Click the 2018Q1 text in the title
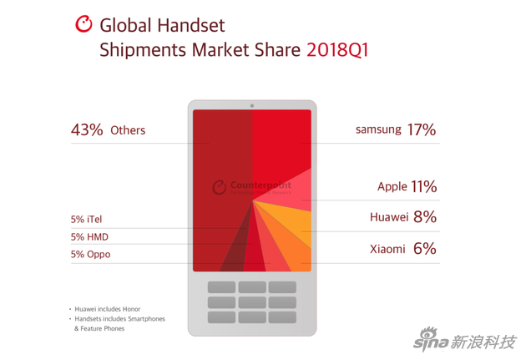[337, 49]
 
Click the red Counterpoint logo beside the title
[83, 24]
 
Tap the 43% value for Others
[87, 129]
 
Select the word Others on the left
[128, 130]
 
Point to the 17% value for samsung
[422, 129]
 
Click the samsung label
[378, 130]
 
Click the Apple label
[392, 187]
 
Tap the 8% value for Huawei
[425, 217]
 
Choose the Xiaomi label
[387, 249]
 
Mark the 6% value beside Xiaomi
[425, 248]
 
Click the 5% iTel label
[87, 220]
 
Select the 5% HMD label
[89, 237]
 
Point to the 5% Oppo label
[90, 254]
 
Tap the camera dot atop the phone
[252, 106]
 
